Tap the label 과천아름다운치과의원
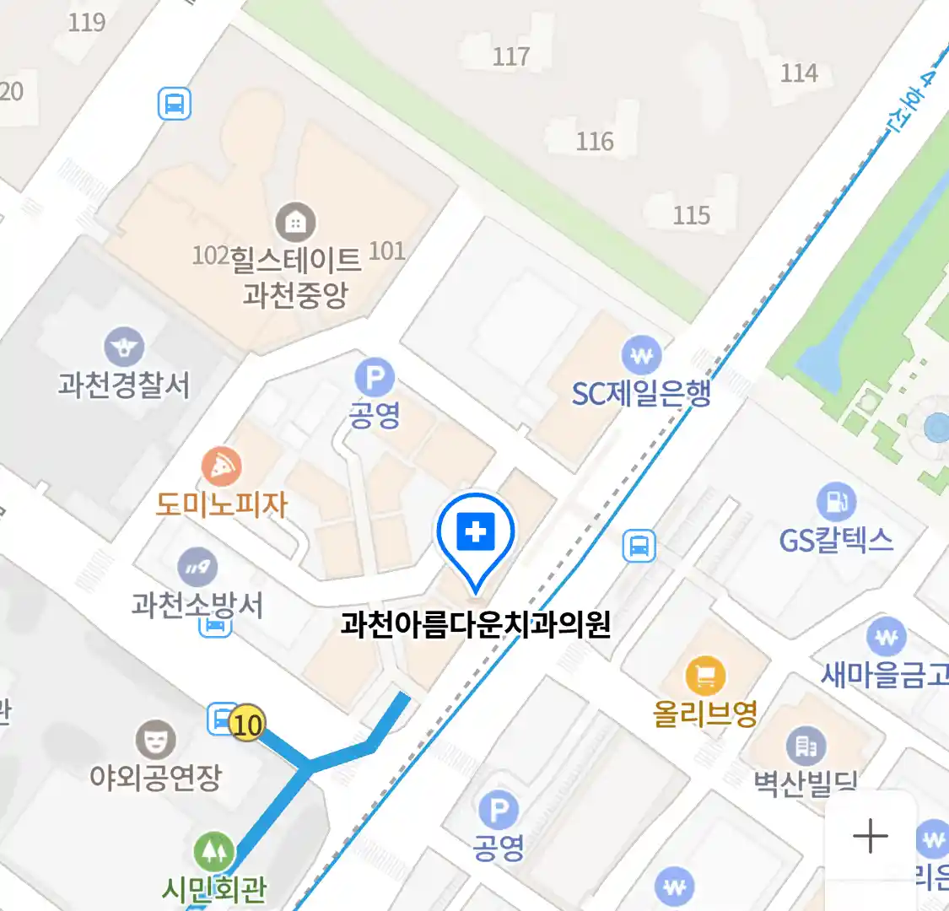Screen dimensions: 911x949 tap(476, 625)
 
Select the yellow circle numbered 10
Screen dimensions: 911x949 tap(246, 724)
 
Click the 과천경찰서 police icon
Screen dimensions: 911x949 tap(124, 347)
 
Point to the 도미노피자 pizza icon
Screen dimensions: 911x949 tap(222, 466)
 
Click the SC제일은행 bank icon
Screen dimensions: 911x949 tap(641, 356)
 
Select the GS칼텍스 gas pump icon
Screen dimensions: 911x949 tap(836, 503)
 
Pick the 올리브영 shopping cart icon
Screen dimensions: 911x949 tap(705, 676)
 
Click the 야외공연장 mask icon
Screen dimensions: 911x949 tap(156, 740)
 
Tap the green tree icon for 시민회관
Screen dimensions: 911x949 tap(214, 852)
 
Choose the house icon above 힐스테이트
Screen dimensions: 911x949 tap(295, 223)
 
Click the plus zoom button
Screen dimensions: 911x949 tap(870, 837)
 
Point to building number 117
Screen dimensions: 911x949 tap(511, 57)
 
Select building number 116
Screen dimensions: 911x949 tap(595, 141)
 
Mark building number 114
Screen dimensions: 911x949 tap(799, 73)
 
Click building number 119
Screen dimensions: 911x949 tap(87, 22)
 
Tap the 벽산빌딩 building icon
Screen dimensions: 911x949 tap(806, 746)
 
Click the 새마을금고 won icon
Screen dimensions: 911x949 tap(886, 638)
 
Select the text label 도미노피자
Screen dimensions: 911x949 tap(222, 504)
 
